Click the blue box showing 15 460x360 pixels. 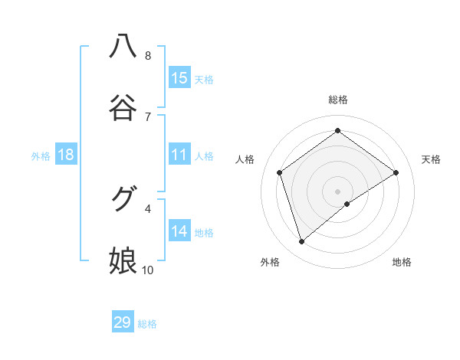point(179,78)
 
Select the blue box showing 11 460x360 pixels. point(179,155)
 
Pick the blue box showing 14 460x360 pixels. point(179,231)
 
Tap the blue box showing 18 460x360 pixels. point(66,155)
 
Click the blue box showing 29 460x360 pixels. point(123,322)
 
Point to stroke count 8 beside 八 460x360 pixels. point(148,56)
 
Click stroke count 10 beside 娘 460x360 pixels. point(148,270)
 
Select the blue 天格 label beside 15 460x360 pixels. point(204,80)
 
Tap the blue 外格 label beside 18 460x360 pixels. point(41,156)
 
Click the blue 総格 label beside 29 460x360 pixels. point(147,324)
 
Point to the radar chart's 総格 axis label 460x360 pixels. point(337,100)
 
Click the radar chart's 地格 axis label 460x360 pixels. point(402,262)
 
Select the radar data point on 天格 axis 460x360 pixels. point(396,172)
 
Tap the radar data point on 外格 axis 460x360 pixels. point(301,242)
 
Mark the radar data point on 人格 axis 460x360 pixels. point(279,172)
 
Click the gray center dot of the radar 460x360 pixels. point(337,191)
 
